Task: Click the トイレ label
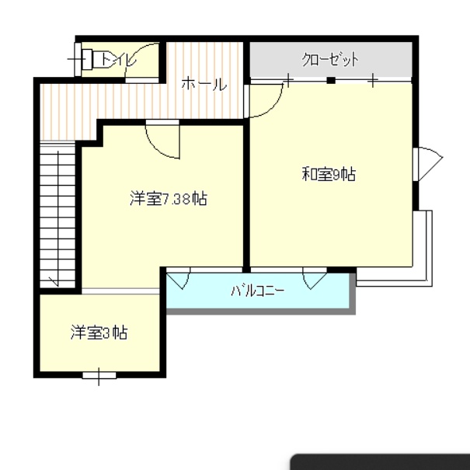[x=118, y=59]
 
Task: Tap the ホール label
[x=204, y=84]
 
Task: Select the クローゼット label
[x=330, y=59]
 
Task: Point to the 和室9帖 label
[x=329, y=174]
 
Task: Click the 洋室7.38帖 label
[x=169, y=198]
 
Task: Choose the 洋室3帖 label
[x=99, y=332]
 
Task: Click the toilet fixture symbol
[x=87, y=59]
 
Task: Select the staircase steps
[x=57, y=216]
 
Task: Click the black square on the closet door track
[x=331, y=80]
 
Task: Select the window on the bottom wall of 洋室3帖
[x=99, y=375]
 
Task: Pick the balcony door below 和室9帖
[x=315, y=277]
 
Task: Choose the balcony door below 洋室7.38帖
[x=178, y=277]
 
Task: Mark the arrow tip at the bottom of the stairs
[x=57, y=286]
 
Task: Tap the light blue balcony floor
[x=258, y=291]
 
